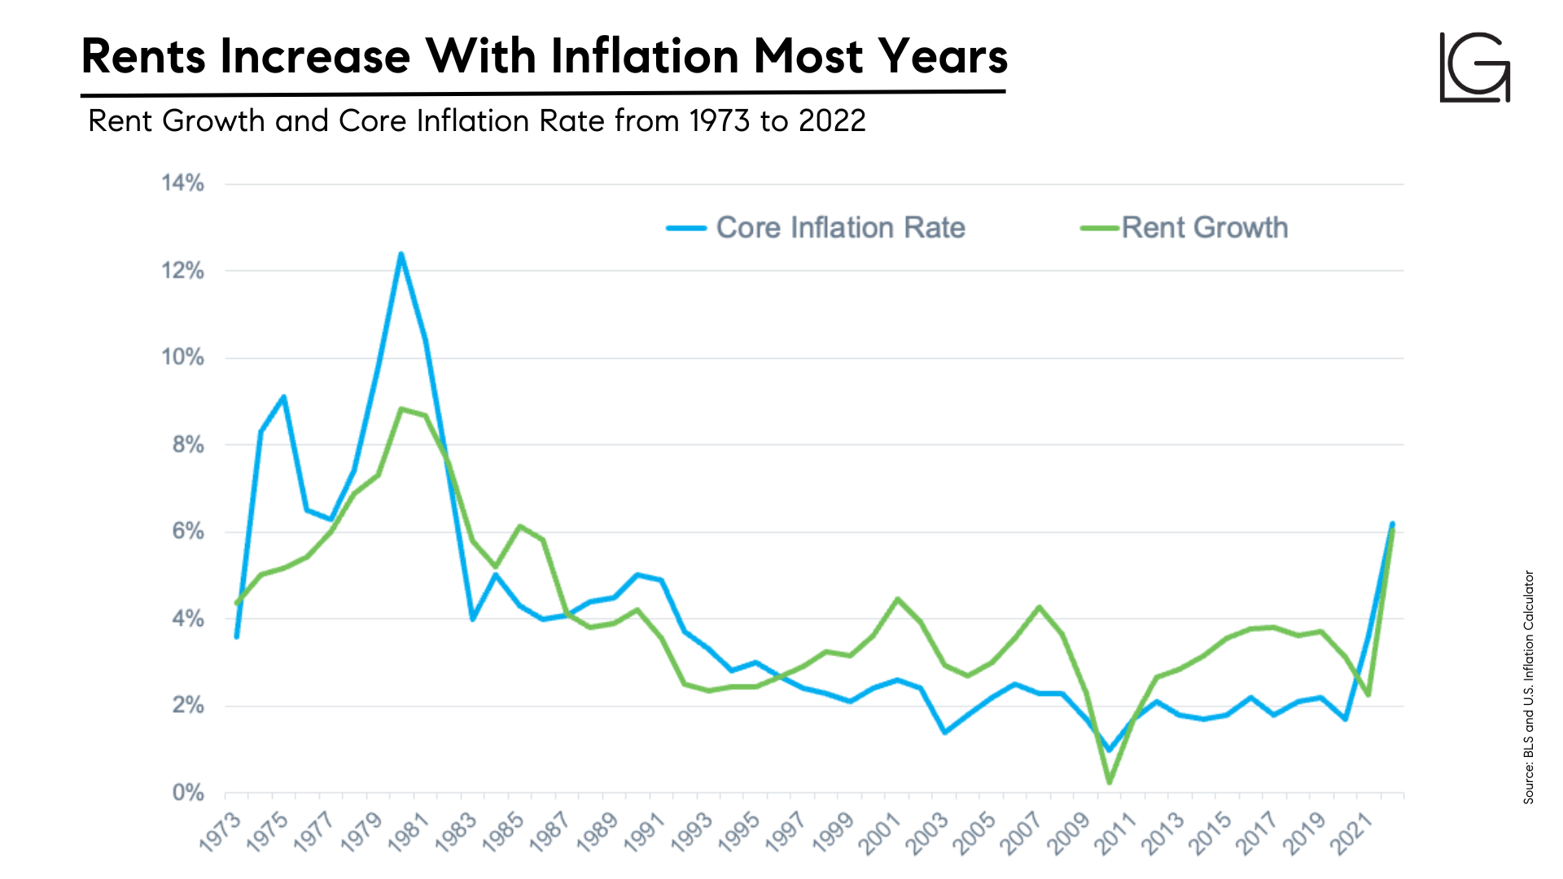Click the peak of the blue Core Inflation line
tap(401, 255)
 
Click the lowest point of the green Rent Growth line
tap(1109, 782)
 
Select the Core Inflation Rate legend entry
tap(816, 228)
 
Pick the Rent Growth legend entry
tap(1184, 228)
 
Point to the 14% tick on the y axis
tap(182, 183)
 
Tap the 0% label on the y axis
tap(188, 793)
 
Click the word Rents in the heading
tap(143, 56)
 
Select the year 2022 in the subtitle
tap(832, 121)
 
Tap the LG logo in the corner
tap(1475, 68)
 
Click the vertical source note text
tap(1528, 688)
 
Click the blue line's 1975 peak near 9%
tap(283, 397)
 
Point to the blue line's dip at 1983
tap(472, 619)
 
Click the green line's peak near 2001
tap(897, 599)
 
